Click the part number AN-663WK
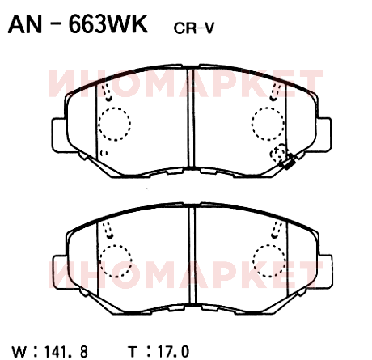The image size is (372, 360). [x=78, y=23]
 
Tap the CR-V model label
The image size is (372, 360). [x=194, y=28]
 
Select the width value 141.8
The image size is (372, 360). [x=66, y=352]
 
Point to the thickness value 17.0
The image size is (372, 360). [x=173, y=352]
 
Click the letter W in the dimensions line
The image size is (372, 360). [x=19, y=352]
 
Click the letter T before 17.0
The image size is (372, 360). [x=133, y=352]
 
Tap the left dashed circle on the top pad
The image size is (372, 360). [x=115, y=124]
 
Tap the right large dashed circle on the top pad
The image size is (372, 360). [x=268, y=124]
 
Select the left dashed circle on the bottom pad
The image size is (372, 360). [x=116, y=261]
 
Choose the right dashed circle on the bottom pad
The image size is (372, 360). [x=269, y=260]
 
